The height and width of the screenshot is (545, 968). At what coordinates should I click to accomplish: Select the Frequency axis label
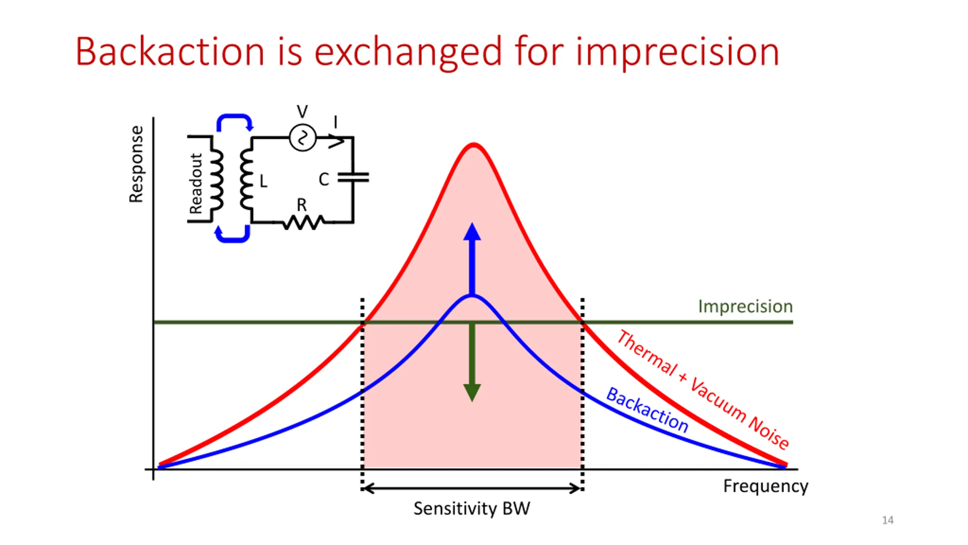pyautogui.click(x=765, y=486)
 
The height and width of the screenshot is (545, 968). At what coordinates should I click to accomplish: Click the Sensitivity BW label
pyautogui.click(x=472, y=508)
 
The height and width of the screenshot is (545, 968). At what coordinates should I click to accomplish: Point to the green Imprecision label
pyautogui.click(x=745, y=306)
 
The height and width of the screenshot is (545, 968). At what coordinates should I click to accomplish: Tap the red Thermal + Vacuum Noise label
pyautogui.click(x=703, y=390)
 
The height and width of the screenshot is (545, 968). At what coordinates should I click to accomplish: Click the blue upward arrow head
pyautogui.click(x=472, y=232)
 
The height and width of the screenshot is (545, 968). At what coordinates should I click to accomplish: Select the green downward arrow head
pyautogui.click(x=472, y=392)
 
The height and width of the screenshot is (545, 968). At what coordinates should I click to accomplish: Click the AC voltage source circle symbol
pyautogui.click(x=302, y=137)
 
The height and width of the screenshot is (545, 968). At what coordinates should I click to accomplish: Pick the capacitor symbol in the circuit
pyautogui.click(x=353, y=178)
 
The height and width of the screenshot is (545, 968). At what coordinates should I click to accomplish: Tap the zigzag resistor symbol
pyautogui.click(x=303, y=223)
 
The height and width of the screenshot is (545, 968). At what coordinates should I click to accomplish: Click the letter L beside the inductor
pyautogui.click(x=263, y=181)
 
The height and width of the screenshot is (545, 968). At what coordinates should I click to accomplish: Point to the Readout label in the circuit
pyautogui.click(x=196, y=184)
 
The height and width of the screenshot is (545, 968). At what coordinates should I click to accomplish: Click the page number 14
pyautogui.click(x=887, y=520)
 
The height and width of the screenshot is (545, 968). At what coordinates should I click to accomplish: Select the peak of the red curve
pyautogui.click(x=473, y=145)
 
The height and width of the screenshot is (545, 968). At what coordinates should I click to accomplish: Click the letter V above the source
pyautogui.click(x=302, y=112)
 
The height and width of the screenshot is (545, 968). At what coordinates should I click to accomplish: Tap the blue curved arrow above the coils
pyautogui.click(x=234, y=120)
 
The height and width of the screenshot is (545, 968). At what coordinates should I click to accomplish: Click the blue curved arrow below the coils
pyautogui.click(x=232, y=235)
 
